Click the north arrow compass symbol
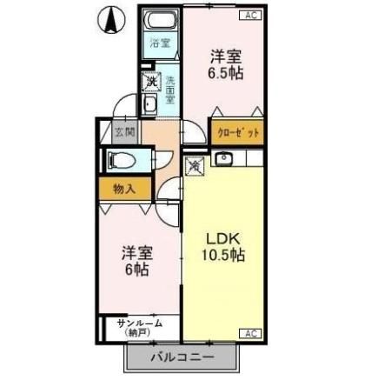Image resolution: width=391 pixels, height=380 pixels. pos(111,20)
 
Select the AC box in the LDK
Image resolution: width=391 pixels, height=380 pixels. pos(249,333)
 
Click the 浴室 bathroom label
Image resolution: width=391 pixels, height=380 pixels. pos(160,43)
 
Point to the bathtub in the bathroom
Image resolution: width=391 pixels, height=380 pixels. pos(161,21)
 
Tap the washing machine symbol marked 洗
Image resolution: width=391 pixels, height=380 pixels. pos(151,82)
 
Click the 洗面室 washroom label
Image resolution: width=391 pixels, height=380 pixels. pos(170,89)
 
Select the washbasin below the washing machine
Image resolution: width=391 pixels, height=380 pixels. pos(149,105)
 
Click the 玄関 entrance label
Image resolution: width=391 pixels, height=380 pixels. pos(125,133)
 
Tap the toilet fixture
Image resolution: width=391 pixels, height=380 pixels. pos(119,160)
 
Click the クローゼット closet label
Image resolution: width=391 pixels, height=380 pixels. pos(236,133)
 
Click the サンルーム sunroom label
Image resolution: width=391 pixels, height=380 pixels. pos(139,323)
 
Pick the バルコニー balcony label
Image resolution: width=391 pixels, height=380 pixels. pos(182,356)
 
